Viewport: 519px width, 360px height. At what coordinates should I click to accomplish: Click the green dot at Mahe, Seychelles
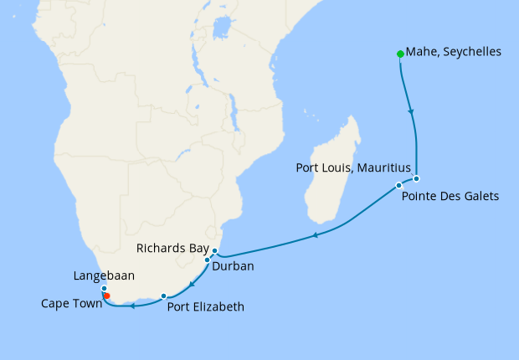point(399,54)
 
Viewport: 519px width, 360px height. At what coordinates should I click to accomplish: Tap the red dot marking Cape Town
point(106,296)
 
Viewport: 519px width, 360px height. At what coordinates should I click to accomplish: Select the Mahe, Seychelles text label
point(453,52)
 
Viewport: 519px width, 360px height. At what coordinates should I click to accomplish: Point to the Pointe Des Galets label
point(450,197)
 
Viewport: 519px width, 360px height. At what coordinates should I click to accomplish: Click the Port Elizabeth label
point(206,306)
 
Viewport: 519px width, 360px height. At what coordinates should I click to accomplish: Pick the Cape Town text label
point(71,304)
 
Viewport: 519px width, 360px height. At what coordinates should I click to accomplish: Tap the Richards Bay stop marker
point(214,251)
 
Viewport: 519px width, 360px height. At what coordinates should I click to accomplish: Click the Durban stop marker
point(207,260)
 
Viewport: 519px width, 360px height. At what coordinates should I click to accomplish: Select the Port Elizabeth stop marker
point(164,296)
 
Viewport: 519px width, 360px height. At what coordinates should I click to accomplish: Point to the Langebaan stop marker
point(104,289)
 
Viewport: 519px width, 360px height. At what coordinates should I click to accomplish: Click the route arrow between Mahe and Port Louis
point(410,111)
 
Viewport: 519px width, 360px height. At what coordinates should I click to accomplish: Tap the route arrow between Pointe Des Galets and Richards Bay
point(315,236)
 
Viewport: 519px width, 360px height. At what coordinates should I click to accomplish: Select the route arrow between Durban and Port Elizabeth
point(191,285)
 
